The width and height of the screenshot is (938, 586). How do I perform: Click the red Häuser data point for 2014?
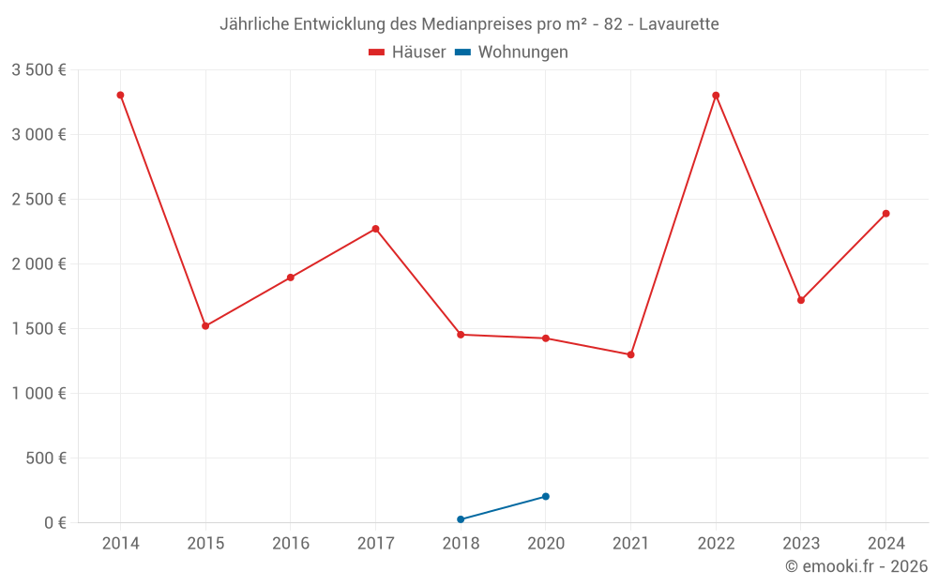pos(120,95)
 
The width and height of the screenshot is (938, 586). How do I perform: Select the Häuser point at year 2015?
pos(205,326)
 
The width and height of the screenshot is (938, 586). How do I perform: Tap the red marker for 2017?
pos(375,229)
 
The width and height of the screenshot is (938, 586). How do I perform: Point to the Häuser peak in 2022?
pos(716,95)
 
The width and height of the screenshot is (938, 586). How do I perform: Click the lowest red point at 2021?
pos(630,354)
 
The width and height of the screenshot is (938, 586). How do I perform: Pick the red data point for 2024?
pos(885,214)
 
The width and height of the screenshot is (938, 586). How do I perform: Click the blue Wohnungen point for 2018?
pos(461,519)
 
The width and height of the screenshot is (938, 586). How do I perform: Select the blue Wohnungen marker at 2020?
pos(546,496)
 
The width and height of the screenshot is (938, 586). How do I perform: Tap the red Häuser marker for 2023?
pos(800,300)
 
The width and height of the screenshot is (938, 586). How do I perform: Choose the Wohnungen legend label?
pos(522,53)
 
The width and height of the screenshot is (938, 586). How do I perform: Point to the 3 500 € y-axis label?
pos(38,69)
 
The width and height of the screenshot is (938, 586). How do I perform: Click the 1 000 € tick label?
pos(38,394)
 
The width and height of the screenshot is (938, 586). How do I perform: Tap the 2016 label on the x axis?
pos(291,544)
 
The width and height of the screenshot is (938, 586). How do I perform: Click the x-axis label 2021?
pos(630,544)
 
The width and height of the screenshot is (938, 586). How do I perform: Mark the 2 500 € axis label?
pos(38,199)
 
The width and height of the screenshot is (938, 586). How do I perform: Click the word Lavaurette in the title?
pos(678,24)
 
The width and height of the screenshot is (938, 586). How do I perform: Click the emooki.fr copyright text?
pos(855,566)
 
